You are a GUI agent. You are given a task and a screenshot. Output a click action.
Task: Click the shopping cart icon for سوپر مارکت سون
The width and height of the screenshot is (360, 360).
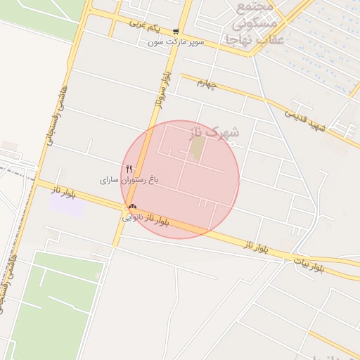pos(176,31)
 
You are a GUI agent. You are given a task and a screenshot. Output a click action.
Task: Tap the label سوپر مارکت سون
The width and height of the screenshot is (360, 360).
pos(176,42)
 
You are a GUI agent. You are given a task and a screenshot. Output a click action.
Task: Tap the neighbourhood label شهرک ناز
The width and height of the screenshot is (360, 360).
pos(215,131)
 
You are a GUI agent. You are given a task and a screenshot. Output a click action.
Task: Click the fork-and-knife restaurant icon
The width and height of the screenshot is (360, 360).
pos(128,169)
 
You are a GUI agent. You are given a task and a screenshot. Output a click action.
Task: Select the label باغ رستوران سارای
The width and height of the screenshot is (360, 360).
pos(129,180)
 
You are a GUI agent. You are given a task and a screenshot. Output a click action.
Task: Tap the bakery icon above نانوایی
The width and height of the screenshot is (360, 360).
pos(132,207)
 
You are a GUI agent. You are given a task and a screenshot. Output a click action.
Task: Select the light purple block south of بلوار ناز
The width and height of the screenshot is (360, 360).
pos(66,204)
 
